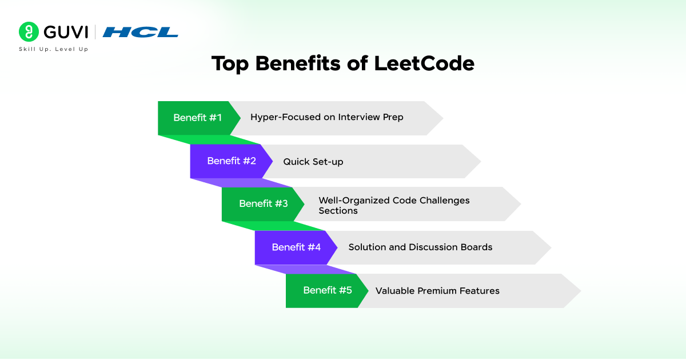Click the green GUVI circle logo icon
[29, 32]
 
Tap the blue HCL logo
[141, 32]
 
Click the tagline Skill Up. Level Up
[53, 49]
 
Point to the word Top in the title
[230, 63]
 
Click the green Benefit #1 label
[197, 118]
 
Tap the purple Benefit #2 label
[231, 161]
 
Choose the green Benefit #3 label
[263, 204]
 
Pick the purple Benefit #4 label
[296, 247]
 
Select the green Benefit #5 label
[327, 290]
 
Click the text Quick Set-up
[313, 162]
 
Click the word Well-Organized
[354, 201]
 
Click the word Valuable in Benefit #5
[395, 291]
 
